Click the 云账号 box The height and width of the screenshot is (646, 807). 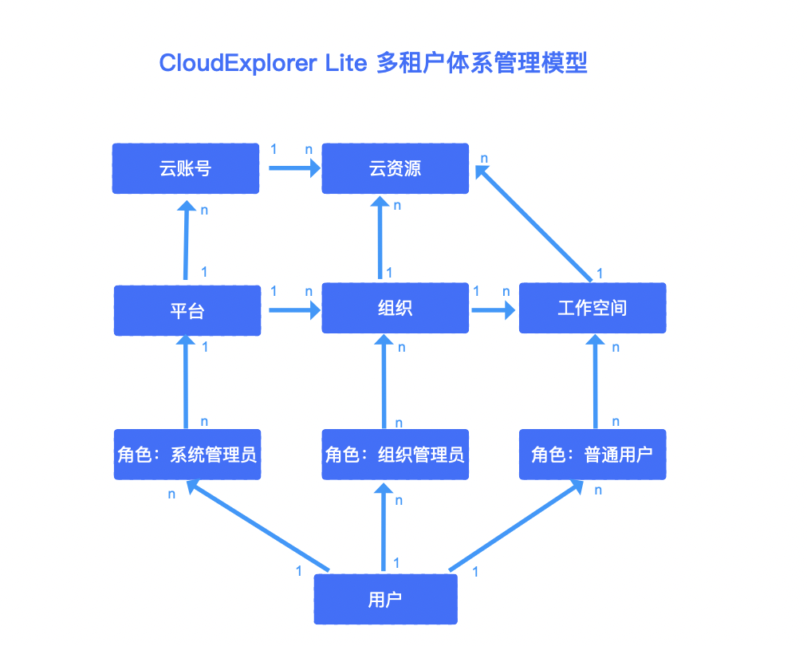pyautogui.click(x=185, y=168)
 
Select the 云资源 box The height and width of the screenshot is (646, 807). pyautogui.click(x=395, y=168)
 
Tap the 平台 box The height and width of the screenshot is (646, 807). pyautogui.click(x=187, y=310)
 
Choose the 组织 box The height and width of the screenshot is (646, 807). pyautogui.click(x=395, y=309)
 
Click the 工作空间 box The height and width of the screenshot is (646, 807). pyautogui.click(x=592, y=308)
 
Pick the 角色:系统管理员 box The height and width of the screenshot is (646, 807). pyautogui.click(x=187, y=455)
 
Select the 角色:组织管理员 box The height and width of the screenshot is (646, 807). pyautogui.click(x=395, y=455)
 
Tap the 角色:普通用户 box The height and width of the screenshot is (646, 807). pyautogui.click(x=592, y=455)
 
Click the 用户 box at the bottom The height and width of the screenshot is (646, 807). pyautogui.click(x=385, y=600)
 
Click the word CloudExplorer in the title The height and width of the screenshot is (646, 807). pyautogui.click(x=238, y=63)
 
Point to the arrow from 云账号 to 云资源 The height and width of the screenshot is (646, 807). pyautogui.click(x=293, y=168)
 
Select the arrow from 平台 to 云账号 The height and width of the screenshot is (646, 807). pyautogui.click(x=186, y=240)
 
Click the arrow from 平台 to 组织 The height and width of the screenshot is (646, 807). pyautogui.click(x=293, y=309)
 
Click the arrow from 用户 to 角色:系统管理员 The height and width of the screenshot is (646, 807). pyautogui.click(x=257, y=526)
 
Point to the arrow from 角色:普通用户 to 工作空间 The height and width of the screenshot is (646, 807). pyautogui.click(x=594, y=382)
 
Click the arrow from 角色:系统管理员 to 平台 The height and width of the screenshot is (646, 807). pyautogui.click(x=187, y=382)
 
